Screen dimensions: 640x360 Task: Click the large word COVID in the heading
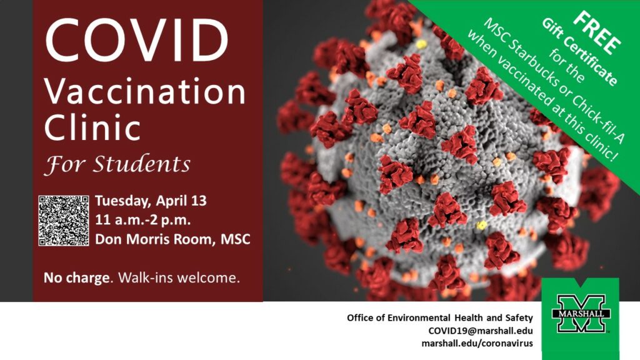[137, 39]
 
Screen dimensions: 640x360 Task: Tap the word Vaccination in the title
[145, 91]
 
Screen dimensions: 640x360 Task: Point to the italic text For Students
[117, 164]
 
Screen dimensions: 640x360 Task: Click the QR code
[64, 221]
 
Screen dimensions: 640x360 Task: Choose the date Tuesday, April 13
[151, 201]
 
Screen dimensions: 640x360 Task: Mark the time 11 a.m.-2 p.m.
[143, 220]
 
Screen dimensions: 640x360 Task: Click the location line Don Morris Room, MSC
[172, 239]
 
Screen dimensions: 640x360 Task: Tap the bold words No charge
[76, 278]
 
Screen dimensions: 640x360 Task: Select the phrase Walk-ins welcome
[179, 278]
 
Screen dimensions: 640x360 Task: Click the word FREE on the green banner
[597, 33]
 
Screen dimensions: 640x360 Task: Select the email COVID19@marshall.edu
[481, 331]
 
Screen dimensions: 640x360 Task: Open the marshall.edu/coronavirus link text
[477, 343]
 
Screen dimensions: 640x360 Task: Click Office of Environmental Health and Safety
[440, 317]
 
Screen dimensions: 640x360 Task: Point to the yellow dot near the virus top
[421, 44]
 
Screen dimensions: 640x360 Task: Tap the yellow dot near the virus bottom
[482, 225]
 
